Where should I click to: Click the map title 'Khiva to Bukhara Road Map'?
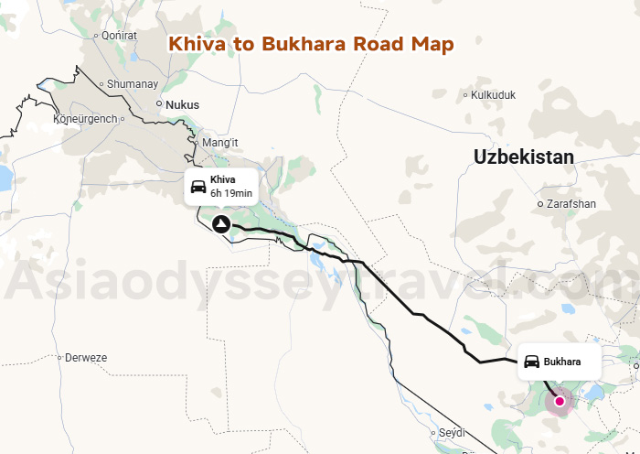click(312, 44)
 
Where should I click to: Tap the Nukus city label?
click(182, 104)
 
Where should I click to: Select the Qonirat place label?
click(119, 36)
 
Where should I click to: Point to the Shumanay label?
click(133, 83)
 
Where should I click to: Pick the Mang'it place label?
click(219, 143)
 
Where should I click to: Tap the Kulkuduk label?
click(495, 94)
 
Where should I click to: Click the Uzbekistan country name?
click(524, 157)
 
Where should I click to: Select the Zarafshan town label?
click(571, 203)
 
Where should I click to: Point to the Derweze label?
click(86, 358)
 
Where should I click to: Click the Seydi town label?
click(452, 432)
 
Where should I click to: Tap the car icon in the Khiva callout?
click(197, 187)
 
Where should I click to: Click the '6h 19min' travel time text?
click(231, 193)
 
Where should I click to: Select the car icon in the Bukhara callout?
click(531, 362)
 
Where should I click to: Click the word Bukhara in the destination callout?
click(562, 362)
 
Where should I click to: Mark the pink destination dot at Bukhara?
click(560, 400)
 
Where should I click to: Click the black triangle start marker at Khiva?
click(220, 224)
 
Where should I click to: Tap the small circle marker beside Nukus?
click(159, 103)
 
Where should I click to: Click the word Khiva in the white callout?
click(223, 179)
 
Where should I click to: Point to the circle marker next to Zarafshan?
click(540, 203)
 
